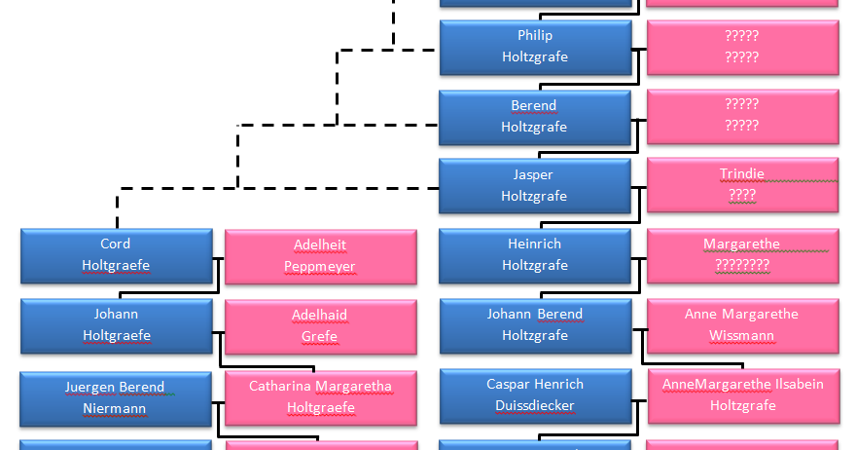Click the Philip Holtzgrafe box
(x=535, y=47)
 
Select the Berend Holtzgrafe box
(x=535, y=117)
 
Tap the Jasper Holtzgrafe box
(x=535, y=186)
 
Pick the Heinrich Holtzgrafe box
(x=535, y=255)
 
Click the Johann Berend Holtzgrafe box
(x=535, y=325)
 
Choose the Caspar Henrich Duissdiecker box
(x=535, y=395)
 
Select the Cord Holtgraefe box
(x=116, y=255)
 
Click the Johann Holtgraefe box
(x=116, y=325)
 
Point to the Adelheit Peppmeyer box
(x=320, y=256)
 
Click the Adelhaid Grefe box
(x=320, y=326)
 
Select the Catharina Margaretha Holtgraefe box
(x=320, y=397)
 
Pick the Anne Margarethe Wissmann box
(x=742, y=325)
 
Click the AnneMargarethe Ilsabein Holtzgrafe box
(x=742, y=395)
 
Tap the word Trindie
(x=742, y=174)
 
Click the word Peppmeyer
(x=320, y=267)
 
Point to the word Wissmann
(x=742, y=336)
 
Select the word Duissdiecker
(x=535, y=406)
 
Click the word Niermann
(x=116, y=409)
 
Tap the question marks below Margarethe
(x=742, y=265)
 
